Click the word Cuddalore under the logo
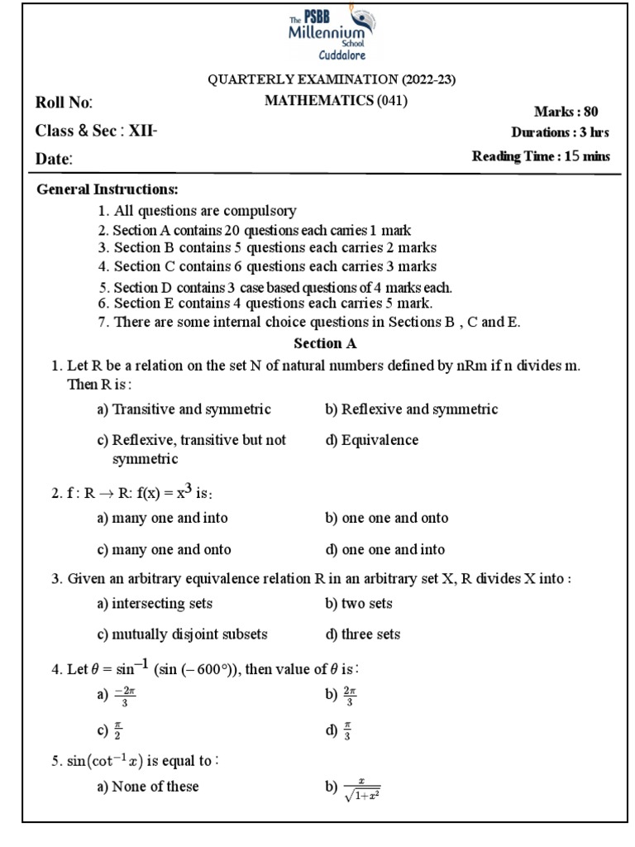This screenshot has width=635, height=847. (330, 55)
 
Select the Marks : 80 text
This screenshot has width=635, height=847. (566, 112)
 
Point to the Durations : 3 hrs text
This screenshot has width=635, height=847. (561, 132)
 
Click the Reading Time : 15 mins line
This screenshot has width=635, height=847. (541, 156)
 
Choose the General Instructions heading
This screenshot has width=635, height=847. (107, 190)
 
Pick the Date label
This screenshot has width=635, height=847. (55, 159)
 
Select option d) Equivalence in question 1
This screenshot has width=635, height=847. (372, 440)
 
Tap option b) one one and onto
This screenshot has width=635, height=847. (387, 518)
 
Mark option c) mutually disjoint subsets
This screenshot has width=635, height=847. (182, 634)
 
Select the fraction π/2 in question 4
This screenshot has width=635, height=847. (117, 730)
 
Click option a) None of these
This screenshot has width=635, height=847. (148, 787)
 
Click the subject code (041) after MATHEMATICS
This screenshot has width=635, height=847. (392, 101)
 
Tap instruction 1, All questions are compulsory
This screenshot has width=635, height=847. (197, 211)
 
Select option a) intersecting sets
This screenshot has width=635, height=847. (155, 603)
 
